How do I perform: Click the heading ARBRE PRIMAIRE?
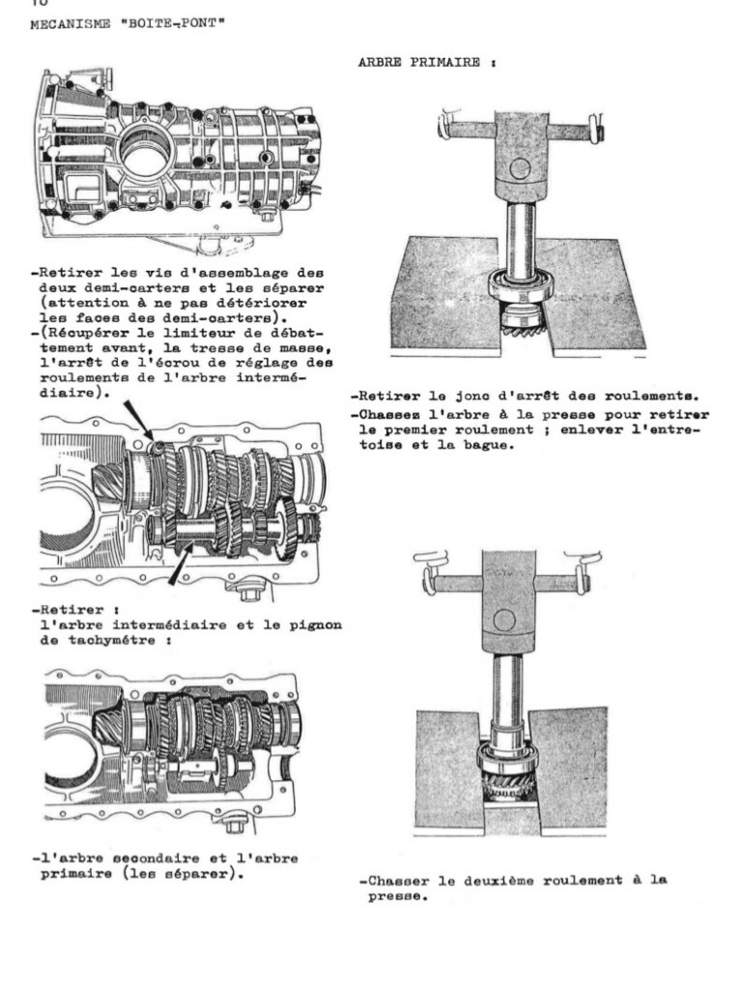click(427, 62)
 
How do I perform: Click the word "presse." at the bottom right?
click(398, 896)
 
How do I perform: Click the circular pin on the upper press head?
click(519, 168)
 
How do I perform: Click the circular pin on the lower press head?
click(504, 620)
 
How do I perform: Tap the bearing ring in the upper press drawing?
click(522, 287)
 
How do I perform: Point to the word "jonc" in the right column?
click(471, 397)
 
